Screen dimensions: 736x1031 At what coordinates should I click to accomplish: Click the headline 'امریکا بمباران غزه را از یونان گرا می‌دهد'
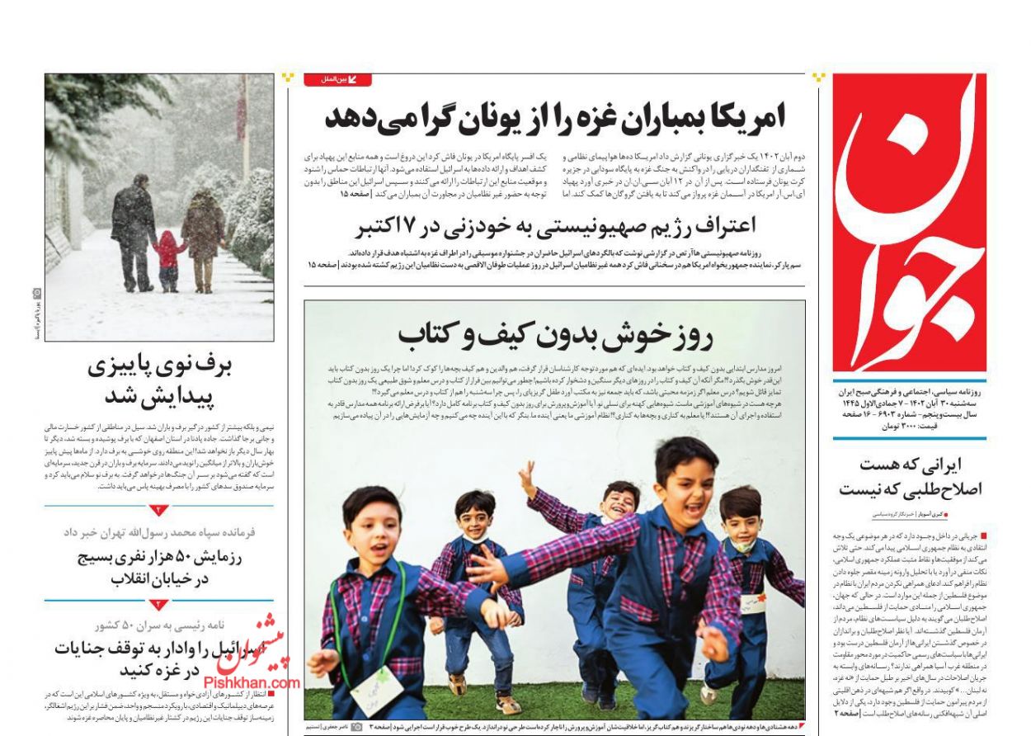[x=554, y=116]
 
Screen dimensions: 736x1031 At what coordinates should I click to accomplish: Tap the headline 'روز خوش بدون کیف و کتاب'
[x=555, y=334]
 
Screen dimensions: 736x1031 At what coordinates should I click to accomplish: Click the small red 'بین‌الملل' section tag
[x=337, y=80]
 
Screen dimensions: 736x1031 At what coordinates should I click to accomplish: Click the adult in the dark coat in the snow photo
[x=134, y=231]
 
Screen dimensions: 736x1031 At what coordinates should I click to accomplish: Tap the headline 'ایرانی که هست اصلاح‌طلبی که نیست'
[x=910, y=476]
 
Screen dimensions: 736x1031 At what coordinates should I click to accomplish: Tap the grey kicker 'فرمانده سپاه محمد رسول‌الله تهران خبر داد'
[x=159, y=533]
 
